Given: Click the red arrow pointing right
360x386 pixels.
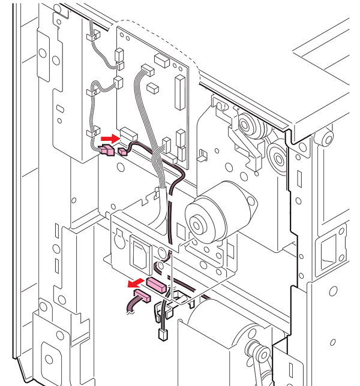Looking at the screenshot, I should [106, 139].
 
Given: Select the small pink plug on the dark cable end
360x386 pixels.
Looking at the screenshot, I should [123, 151].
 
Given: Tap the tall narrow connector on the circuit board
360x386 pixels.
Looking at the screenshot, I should [178, 89].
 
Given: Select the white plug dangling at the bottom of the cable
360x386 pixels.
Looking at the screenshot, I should [162, 334].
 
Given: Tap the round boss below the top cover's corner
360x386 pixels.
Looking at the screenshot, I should [327, 139].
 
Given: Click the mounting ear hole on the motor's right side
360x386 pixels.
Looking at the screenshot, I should [252, 205].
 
